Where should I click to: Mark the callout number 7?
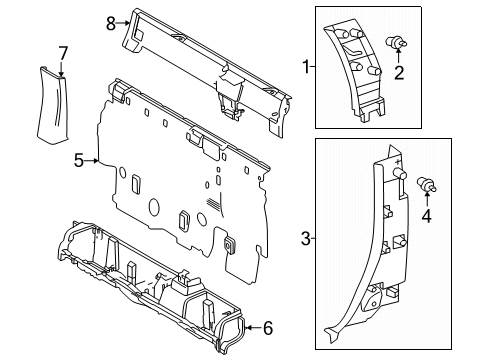pyautogui.click(x=62, y=52)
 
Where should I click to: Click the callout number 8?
pyautogui.click(x=112, y=20)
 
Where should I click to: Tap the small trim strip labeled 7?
pyautogui.click(x=55, y=105)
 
